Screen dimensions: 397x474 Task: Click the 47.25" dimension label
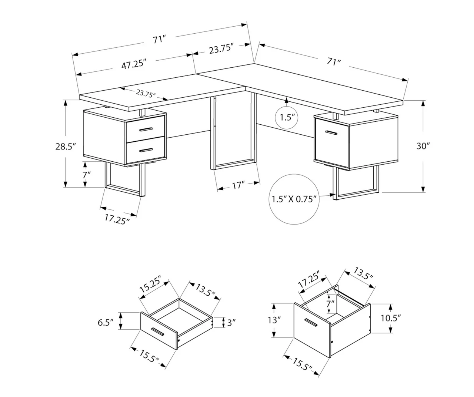pyautogui.click(x=133, y=64)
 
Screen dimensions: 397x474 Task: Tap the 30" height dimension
pyautogui.click(x=423, y=146)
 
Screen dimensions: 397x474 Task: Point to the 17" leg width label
pyautogui.click(x=239, y=185)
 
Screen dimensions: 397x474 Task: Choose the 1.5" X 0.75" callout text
pyautogui.click(x=294, y=199)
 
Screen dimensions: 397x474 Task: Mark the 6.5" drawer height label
pyautogui.click(x=106, y=322)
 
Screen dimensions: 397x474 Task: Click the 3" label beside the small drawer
pyautogui.click(x=231, y=323)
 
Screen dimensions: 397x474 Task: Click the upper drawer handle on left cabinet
pyautogui.click(x=146, y=129)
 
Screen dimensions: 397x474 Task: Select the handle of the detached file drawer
pyautogui.click(x=311, y=323)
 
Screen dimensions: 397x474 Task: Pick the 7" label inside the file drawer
pyautogui.click(x=330, y=304)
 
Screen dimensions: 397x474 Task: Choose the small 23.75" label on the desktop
pyautogui.click(x=146, y=93)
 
